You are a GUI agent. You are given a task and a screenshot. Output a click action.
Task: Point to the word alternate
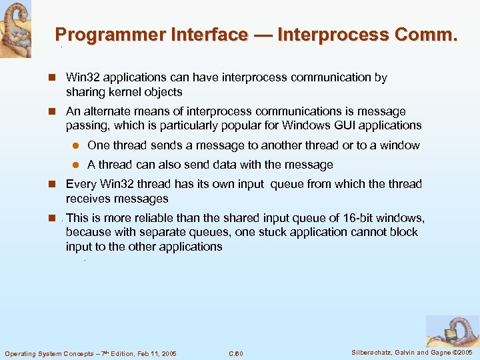pos(107,111)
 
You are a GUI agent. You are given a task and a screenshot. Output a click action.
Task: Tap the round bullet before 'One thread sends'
pos(76,146)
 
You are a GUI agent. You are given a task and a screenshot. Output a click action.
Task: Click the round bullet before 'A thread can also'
pos(76,165)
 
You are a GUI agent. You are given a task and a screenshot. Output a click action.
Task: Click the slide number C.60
pos(236,353)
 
